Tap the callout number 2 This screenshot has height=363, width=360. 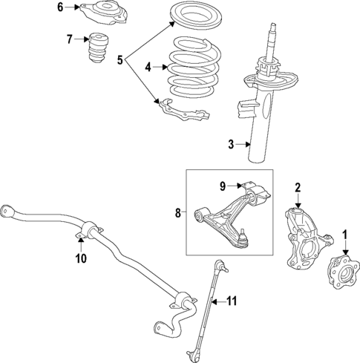[x=298, y=187]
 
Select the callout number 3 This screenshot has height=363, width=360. [x=231, y=144]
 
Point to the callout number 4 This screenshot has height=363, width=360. [x=148, y=67]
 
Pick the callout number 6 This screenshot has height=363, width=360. [x=61, y=8]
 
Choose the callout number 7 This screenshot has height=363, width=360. [x=69, y=39]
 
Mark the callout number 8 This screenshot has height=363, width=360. [x=177, y=213]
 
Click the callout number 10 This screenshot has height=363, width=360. [x=81, y=258]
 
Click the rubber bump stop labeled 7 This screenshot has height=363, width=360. [x=96, y=52]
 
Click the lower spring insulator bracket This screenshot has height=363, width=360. [x=183, y=109]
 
